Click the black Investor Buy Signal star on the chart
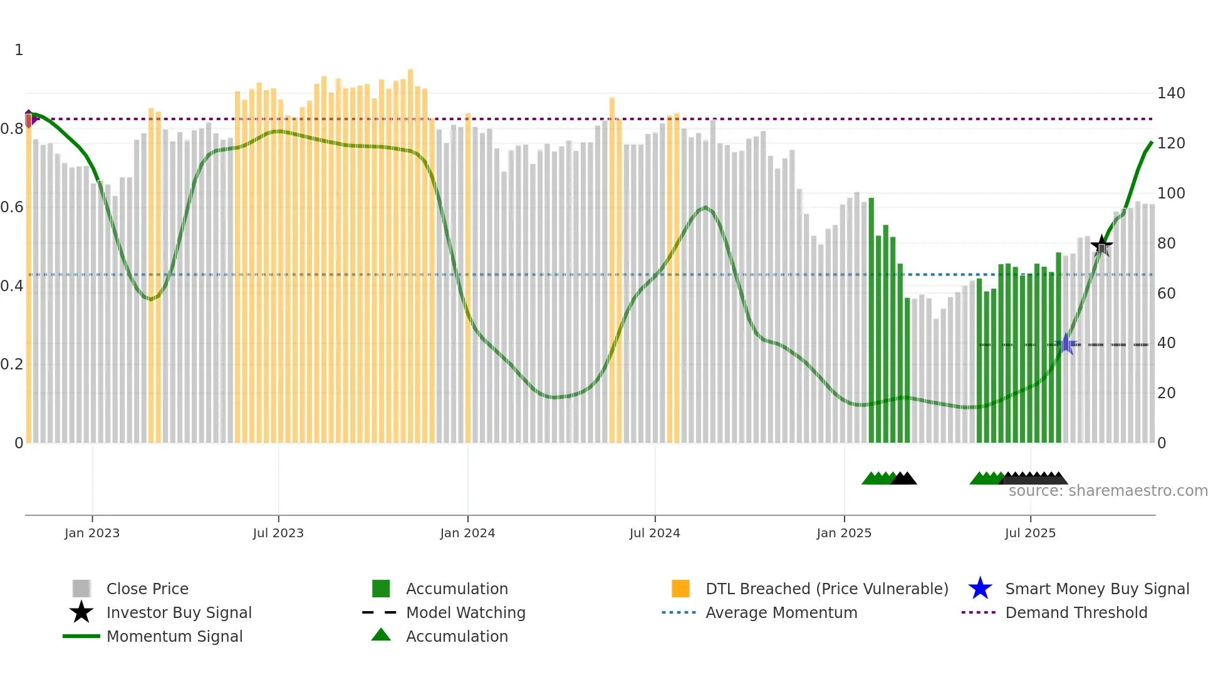[x=1101, y=245]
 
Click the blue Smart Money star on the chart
[x=1066, y=344]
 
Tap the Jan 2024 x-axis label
[x=467, y=533]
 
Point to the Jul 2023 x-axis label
[x=278, y=533]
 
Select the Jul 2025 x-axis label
[x=1030, y=533]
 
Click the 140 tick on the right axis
[x=1170, y=93]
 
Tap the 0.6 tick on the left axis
[x=12, y=207]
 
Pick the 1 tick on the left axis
[x=19, y=50]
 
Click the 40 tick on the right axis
[x=1166, y=343]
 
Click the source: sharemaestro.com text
[x=1108, y=491]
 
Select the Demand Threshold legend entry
[x=1076, y=613]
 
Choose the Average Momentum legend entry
[x=781, y=613]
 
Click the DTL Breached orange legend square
[x=680, y=589]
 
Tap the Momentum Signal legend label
[x=174, y=637]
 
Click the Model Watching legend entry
[x=465, y=613]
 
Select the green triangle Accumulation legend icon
[x=381, y=636]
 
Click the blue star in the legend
[x=980, y=589]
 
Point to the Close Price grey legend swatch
[x=81, y=589]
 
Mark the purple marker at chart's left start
[x=29, y=118]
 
